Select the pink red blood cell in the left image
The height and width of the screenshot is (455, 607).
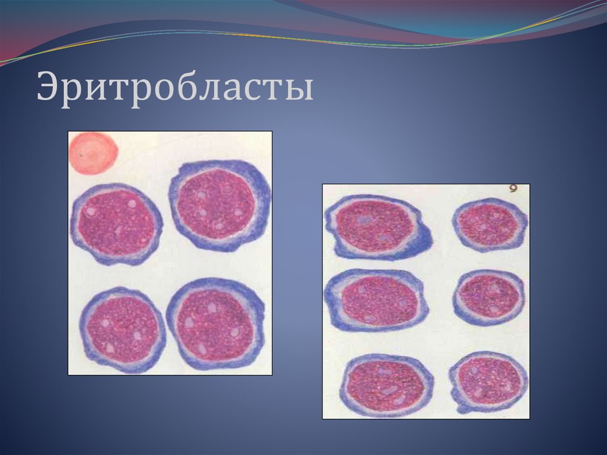92,152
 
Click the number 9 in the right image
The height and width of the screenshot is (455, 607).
513,189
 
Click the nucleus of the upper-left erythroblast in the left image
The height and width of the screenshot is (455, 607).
116,222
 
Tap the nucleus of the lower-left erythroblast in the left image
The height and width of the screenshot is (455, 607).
123,329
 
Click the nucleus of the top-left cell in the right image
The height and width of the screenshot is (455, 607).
375,225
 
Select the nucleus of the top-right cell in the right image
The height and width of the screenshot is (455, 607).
490,225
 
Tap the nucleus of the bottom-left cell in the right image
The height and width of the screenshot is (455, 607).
385,386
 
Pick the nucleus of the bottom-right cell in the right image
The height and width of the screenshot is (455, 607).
490,380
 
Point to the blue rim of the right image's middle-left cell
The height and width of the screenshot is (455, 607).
331,303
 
